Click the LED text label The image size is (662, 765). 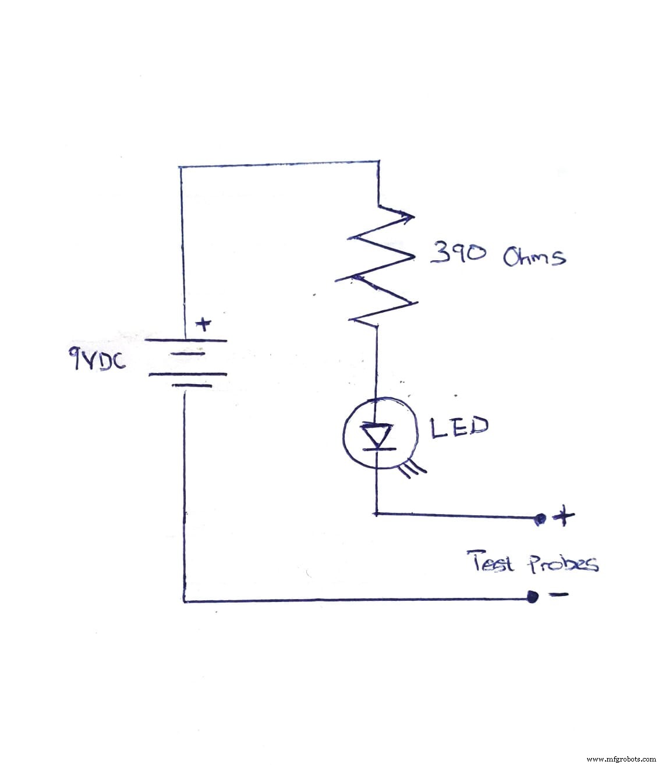click(458, 427)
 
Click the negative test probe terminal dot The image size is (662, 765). click(531, 597)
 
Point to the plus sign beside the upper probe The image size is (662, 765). click(563, 516)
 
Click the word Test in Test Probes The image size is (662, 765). click(491, 562)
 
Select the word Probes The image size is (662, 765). click(562, 564)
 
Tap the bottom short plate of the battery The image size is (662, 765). click(187, 385)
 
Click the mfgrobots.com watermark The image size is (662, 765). click(621, 759)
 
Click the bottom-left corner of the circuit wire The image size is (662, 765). click(184, 601)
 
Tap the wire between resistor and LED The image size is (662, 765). click(377, 361)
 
